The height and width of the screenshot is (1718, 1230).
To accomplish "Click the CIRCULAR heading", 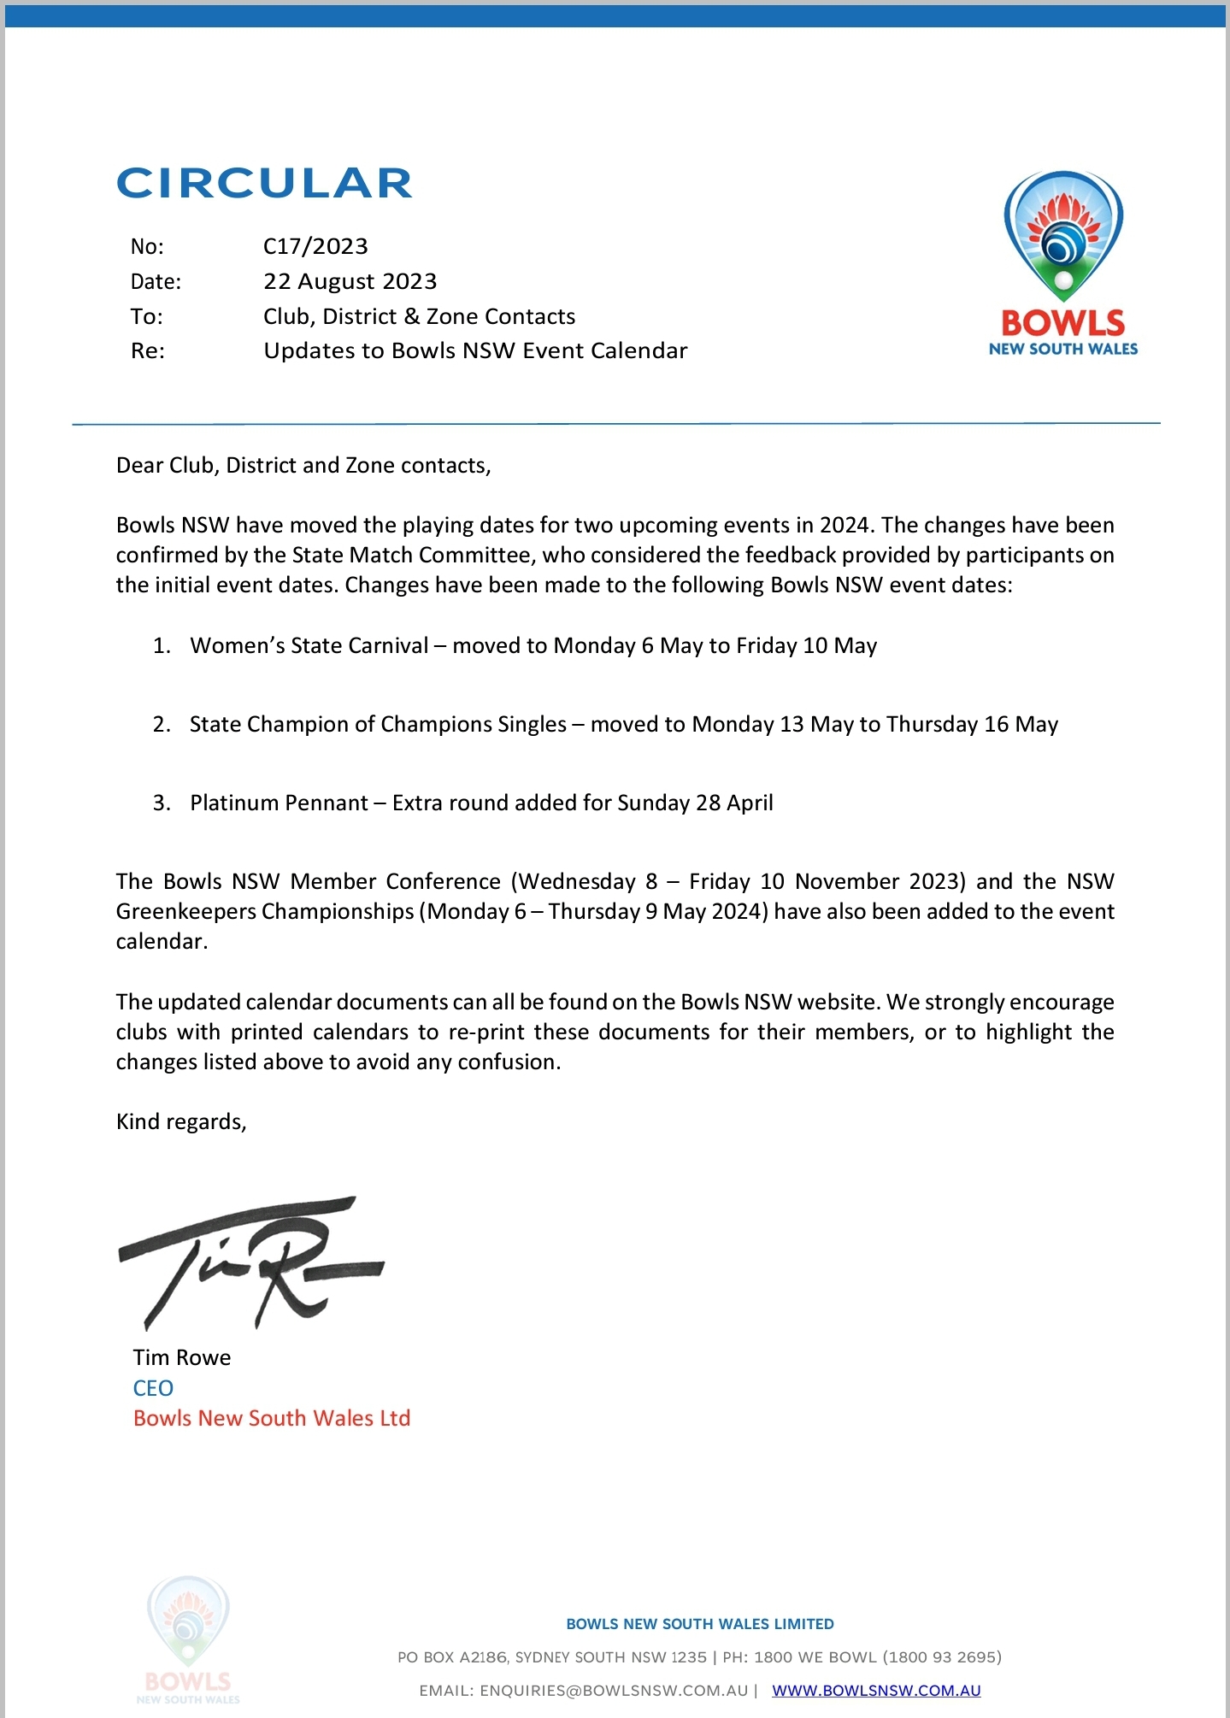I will tap(264, 183).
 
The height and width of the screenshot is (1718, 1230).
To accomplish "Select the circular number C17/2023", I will tap(315, 246).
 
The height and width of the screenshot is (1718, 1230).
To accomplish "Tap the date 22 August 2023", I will tap(350, 281).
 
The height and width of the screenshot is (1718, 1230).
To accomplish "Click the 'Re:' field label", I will tap(147, 351).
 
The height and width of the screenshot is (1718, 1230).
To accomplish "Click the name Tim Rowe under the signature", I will tap(182, 1357).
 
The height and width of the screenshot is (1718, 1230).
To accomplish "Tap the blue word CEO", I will tap(153, 1388).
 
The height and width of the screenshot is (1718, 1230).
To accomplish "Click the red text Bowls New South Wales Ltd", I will tap(272, 1418).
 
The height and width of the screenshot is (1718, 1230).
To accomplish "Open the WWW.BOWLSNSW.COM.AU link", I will tap(876, 1690).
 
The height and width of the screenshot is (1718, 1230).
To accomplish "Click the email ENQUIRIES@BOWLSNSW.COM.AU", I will tap(614, 1690).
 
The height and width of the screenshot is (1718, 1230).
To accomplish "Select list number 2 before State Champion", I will tap(162, 725).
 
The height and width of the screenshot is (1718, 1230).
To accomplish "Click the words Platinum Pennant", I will tap(279, 803).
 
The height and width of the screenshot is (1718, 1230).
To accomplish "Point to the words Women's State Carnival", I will tap(309, 645).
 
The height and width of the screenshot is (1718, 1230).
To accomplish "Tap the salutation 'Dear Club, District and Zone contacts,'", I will tap(303, 465).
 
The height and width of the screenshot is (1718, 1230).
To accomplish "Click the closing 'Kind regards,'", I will tap(181, 1121).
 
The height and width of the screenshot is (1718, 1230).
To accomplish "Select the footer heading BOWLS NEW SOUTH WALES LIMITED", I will tap(700, 1624).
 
